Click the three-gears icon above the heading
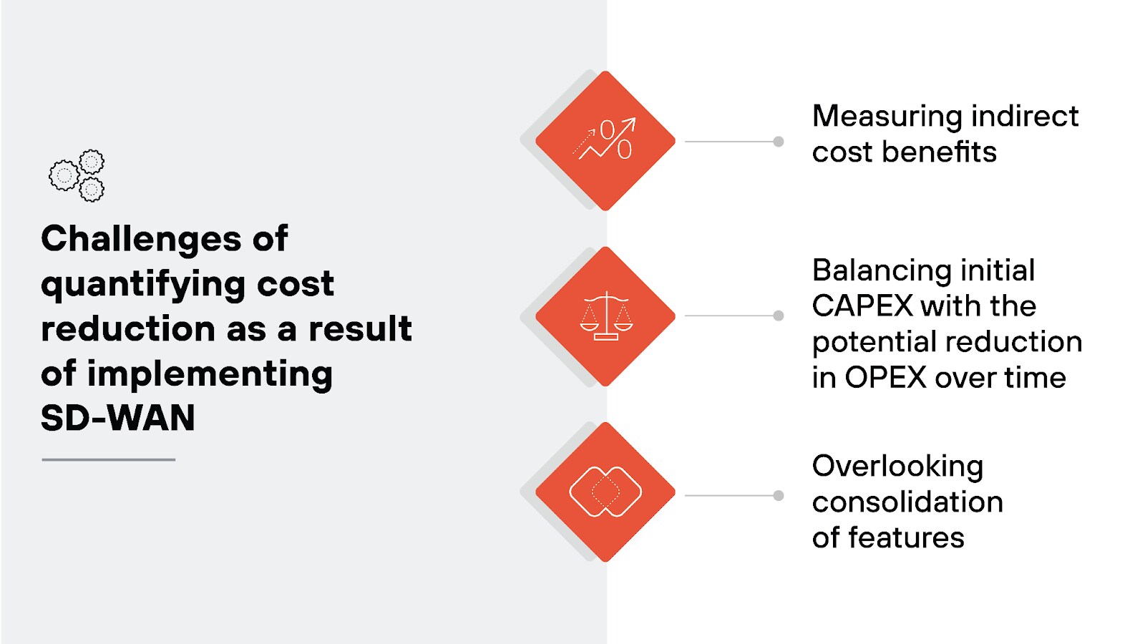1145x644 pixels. pyautogui.click(x=77, y=175)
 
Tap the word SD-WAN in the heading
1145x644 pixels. pyautogui.click(x=117, y=419)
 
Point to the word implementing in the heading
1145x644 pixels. pyautogui.click(x=210, y=374)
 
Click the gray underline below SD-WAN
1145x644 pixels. pyautogui.click(x=108, y=459)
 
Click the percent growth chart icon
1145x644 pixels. pyautogui.click(x=605, y=140)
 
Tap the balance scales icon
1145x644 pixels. pyautogui.click(x=605, y=316)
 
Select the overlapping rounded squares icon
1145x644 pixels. pyautogui.click(x=605, y=492)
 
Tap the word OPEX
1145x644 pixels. pyautogui.click(x=885, y=378)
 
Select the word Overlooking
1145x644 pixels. pyautogui.click(x=897, y=467)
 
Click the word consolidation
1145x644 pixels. pyautogui.click(x=907, y=502)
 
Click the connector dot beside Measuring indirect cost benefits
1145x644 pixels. pyautogui.click(x=779, y=142)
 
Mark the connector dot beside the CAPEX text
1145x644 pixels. pyautogui.click(x=779, y=316)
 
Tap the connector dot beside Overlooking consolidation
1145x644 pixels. pyautogui.click(x=779, y=495)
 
